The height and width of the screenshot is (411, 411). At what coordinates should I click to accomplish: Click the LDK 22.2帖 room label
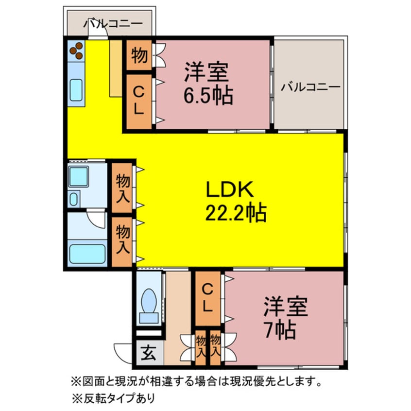click(236, 201)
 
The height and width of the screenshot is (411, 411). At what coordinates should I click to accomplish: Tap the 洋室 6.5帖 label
click(208, 84)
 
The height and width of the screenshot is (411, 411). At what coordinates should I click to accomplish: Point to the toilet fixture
click(149, 306)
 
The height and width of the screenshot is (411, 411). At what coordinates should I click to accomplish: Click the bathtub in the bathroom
click(87, 254)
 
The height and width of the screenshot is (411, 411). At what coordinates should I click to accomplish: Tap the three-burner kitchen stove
click(76, 51)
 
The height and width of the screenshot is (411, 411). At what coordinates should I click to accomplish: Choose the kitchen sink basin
click(76, 90)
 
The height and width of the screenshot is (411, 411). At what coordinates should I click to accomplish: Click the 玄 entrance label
click(149, 353)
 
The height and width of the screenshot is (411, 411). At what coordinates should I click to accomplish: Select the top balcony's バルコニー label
click(113, 24)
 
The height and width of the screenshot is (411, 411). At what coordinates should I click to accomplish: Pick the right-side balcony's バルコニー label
click(310, 87)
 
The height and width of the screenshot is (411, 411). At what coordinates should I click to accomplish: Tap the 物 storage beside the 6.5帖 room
click(139, 55)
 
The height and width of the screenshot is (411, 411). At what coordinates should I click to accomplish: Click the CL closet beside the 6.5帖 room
click(139, 102)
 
